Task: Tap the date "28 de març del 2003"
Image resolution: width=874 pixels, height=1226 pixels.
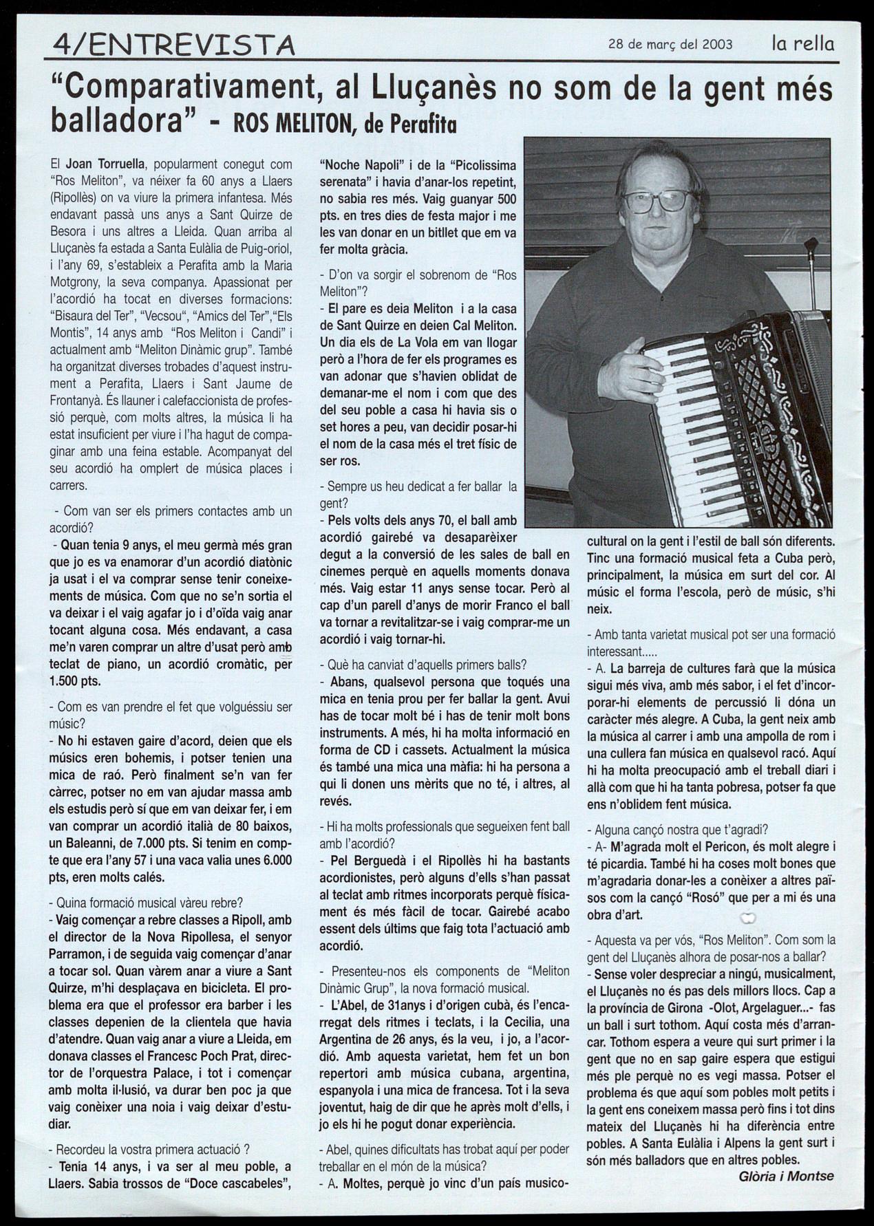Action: click(670, 45)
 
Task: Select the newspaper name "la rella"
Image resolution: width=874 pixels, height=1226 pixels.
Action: click(802, 44)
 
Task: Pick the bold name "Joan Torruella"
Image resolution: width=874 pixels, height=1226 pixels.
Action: click(104, 164)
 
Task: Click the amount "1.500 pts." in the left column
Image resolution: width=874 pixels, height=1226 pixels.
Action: click(76, 681)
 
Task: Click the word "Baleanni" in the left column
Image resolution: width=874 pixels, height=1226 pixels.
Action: click(93, 843)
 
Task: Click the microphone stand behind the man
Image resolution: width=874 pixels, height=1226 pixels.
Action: click(812, 275)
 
